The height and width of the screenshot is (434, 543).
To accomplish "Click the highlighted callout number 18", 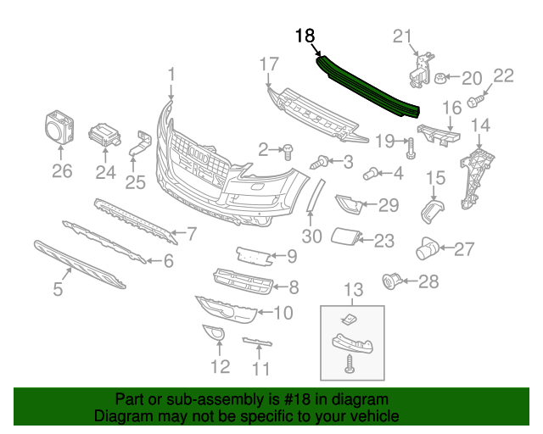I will tap(305, 36).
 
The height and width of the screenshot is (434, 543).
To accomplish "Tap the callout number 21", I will tap(402, 36).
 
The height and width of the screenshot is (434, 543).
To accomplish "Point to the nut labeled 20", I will tap(442, 79).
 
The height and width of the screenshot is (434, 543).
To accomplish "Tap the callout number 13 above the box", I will tap(350, 292).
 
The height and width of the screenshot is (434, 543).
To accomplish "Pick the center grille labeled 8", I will tap(242, 279).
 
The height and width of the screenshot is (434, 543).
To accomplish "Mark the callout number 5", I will tap(58, 289).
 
